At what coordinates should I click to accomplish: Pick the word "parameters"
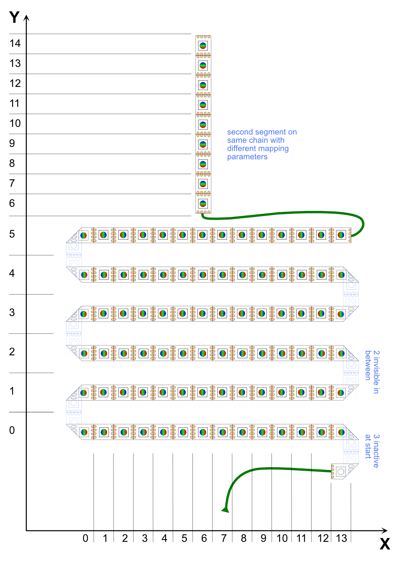pyautogui.click(x=247, y=157)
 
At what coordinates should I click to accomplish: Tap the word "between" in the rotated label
pyautogui.click(x=368, y=365)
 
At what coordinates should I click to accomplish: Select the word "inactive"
pyautogui.click(x=376, y=454)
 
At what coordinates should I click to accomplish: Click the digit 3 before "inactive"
pyautogui.click(x=376, y=436)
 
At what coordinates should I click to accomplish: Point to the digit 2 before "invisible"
pyautogui.click(x=376, y=353)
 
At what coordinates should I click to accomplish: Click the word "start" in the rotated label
pyautogui.click(x=368, y=451)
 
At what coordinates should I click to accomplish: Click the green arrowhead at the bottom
pyautogui.click(x=225, y=510)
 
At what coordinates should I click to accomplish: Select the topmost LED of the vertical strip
pyautogui.click(x=203, y=46)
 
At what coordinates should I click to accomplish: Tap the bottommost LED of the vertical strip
pyautogui.click(x=203, y=204)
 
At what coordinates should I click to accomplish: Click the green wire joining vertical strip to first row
pyautogui.click(x=289, y=213)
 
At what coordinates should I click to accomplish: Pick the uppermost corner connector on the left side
pyautogui.click(x=74, y=255)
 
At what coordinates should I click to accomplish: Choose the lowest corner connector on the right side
pyautogui.click(x=350, y=452)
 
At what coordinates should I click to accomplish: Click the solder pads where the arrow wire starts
pyautogui.click(x=332, y=471)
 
